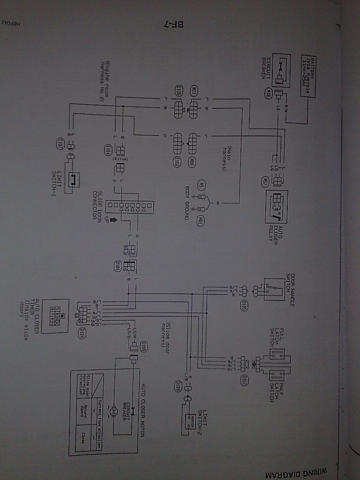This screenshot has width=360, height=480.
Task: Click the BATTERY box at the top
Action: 307,76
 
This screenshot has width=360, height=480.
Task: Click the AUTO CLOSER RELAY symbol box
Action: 277,207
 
